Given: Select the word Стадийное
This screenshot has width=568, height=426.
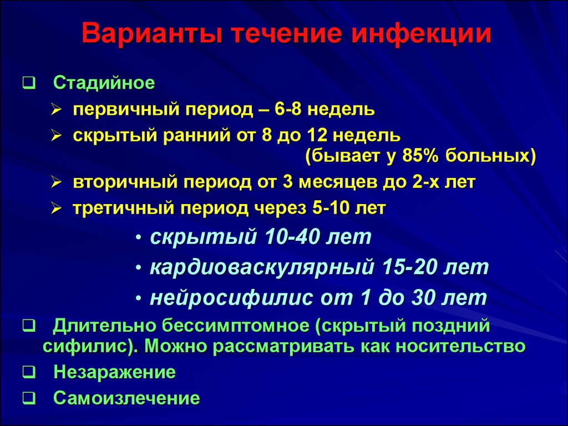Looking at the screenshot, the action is pyautogui.click(x=104, y=83).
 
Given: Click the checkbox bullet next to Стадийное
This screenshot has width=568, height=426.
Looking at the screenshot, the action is pyautogui.click(x=29, y=83).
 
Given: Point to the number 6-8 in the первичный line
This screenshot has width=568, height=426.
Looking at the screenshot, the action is pyautogui.click(x=288, y=109).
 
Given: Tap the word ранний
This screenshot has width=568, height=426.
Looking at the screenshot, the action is pyautogui.click(x=197, y=136).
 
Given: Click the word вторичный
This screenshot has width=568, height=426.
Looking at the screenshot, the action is pyautogui.click(x=125, y=182).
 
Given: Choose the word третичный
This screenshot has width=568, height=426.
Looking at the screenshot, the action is pyautogui.click(x=124, y=209).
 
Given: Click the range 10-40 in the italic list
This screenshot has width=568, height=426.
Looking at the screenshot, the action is pyautogui.click(x=292, y=237).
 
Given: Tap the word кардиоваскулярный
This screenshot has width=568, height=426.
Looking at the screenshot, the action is pyautogui.click(x=262, y=268).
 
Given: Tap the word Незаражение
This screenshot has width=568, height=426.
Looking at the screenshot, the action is pyautogui.click(x=114, y=372).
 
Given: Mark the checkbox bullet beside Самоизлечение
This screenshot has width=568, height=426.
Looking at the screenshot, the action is pyautogui.click(x=29, y=398).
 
